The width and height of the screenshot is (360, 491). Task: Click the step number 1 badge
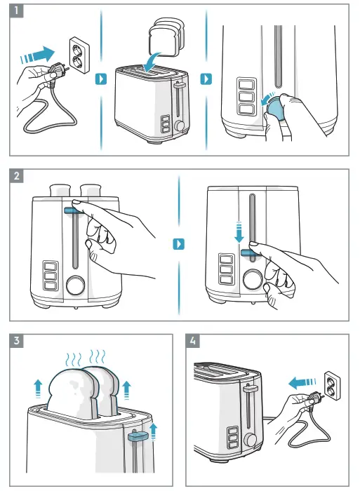pyautogui.click(x=17, y=11)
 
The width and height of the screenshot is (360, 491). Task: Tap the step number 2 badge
pyautogui.click(x=17, y=175)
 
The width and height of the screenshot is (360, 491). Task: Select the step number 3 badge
pyautogui.click(x=17, y=341)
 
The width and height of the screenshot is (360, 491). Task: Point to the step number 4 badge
pyautogui.click(x=193, y=341)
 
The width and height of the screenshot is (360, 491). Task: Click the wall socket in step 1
pyautogui.click(x=79, y=55)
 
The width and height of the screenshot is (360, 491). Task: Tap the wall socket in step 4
pyautogui.click(x=332, y=386)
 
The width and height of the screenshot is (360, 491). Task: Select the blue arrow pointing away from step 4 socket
pyautogui.click(x=302, y=383)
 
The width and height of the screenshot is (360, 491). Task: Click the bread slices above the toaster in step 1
pyautogui.click(x=166, y=37)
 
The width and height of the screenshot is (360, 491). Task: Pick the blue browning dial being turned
pyautogui.click(x=275, y=109)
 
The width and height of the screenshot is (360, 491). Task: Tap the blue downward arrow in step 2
pyautogui.click(x=239, y=232)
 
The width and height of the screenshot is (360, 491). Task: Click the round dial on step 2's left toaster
pyautogui.click(x=76, y=285)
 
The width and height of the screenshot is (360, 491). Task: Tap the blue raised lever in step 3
pyautogui.click(x=138, y=436)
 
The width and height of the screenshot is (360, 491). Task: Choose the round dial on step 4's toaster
pyautogui.click(x=251, y=440)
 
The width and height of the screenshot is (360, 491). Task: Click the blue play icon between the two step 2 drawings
pyautogui.click(x=178, y=244)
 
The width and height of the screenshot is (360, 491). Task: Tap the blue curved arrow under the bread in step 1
pyautogui.click(x=152, y=62)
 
